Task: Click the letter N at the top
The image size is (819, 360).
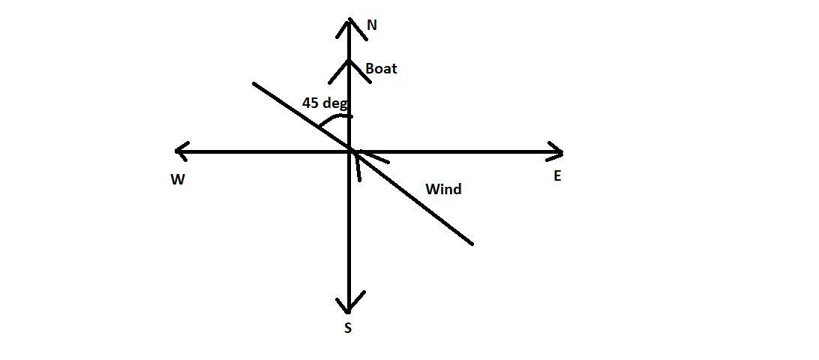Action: [x=372, y=25]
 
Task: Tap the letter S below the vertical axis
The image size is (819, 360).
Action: [x=348, y=328]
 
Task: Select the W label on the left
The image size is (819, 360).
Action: [x=178, y=180]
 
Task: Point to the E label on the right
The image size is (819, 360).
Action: [x=557, y=177]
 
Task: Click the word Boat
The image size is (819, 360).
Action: [x=381, y=69]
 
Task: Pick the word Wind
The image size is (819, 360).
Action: [x=443, y=189]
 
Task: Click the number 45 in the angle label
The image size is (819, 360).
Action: [x=310, y=103]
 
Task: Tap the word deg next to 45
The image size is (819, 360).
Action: [x=335, y=103]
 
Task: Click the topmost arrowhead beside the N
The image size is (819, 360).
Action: [x=350, y=22]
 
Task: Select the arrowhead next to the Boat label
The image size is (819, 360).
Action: [x=350, y=64]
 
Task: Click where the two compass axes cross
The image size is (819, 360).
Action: [x=350, y=151]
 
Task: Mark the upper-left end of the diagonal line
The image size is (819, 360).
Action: [x=254, y=84]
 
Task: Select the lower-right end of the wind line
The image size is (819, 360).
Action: [x=471, y=243]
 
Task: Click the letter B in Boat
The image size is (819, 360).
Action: [x=370, y=69]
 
